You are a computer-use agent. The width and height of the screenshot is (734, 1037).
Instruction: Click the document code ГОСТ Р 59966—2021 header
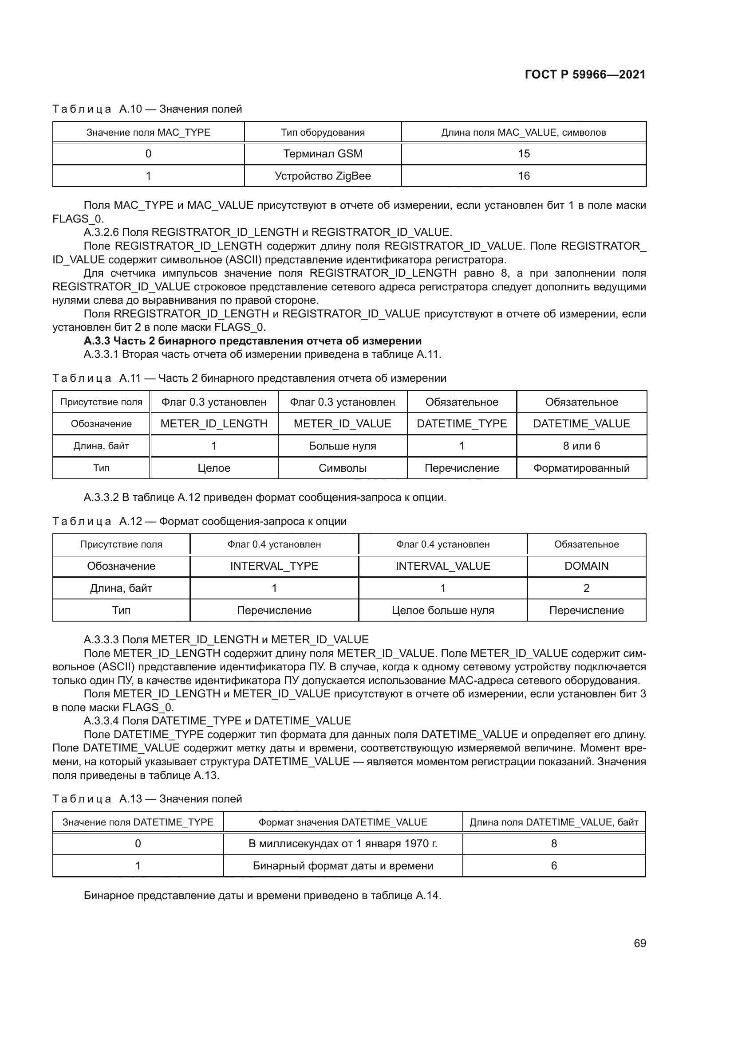click(x=585, y=74)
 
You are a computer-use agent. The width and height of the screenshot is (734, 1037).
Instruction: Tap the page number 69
click(x=639, y=943)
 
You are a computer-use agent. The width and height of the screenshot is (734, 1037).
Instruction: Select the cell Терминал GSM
click(x=323, y=153)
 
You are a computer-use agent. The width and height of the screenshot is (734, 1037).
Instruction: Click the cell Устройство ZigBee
click(x=323, y=176)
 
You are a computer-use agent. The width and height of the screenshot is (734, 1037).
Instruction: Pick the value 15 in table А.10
click(x=523, y=153)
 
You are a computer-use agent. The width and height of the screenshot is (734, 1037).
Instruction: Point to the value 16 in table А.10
click(x=523, y=176)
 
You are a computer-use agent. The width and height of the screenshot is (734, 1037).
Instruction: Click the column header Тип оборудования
click(x=323, y=132)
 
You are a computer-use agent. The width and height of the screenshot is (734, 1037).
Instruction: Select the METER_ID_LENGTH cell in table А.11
click(x=214, y=424)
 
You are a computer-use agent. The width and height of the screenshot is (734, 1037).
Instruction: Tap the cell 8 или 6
click(x=581, y=446)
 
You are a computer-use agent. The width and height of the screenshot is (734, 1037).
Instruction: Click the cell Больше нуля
click(x=342, y=446)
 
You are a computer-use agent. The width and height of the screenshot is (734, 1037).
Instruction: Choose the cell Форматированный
click(x=581, y=468)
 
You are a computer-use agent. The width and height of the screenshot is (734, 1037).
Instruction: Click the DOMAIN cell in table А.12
click(x=586, y=566)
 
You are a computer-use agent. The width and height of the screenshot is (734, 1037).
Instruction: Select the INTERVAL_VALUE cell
click(x=442, y=566)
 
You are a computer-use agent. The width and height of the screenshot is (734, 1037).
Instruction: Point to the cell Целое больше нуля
click(x=442, y=610)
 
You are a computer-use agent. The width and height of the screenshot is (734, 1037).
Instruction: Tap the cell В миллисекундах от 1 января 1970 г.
click(x=343, y=844)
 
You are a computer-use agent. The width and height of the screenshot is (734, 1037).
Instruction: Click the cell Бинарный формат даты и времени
click(x=343, y=866)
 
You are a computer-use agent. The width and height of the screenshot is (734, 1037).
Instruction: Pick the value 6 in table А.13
click(x=554, y=866)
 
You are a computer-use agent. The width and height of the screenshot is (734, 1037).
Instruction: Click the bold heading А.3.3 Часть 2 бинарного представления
click(x=252, y=340)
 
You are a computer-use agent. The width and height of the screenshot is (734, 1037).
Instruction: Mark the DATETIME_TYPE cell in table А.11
click(x=462, y=424)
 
